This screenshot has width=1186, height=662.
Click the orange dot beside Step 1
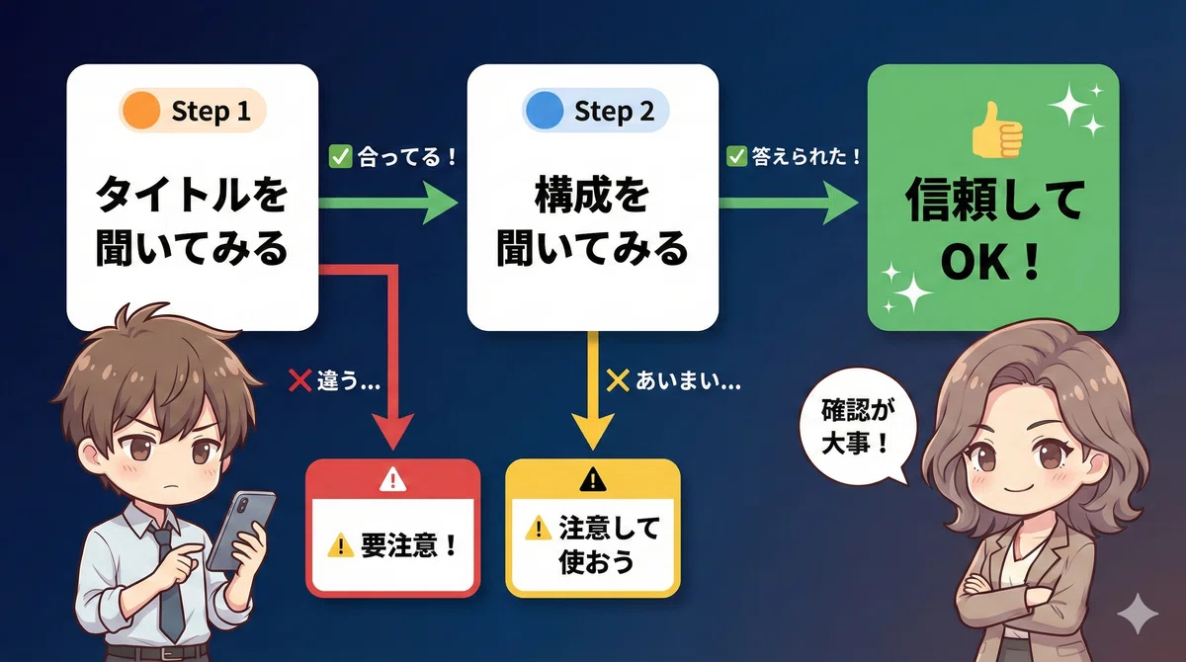point(140,110)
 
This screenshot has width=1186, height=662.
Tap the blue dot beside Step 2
point(544,110)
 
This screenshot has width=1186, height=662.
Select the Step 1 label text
point(211,111)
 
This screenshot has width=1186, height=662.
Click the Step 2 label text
point(614,111)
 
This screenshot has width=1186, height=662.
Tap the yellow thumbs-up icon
point(997,130)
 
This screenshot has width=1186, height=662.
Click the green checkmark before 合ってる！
point(340,157)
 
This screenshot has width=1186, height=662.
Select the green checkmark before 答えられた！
point(736,156)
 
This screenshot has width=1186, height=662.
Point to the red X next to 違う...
point(299,380)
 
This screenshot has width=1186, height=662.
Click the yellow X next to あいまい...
point(618,380)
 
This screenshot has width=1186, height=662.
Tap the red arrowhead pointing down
point(392,431)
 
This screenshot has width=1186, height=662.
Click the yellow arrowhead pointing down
point(592,431)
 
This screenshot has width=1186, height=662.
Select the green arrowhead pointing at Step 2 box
point(440,203)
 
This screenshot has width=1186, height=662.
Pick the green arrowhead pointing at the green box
point(840,203)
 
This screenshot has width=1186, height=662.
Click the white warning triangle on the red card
point(392,479)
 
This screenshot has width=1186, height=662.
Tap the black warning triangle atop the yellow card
point(592,479)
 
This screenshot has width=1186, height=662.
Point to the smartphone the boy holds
point(241,531)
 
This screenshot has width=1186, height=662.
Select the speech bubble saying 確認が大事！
point(856,427)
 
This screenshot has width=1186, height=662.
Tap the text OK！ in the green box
point(990,263)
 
